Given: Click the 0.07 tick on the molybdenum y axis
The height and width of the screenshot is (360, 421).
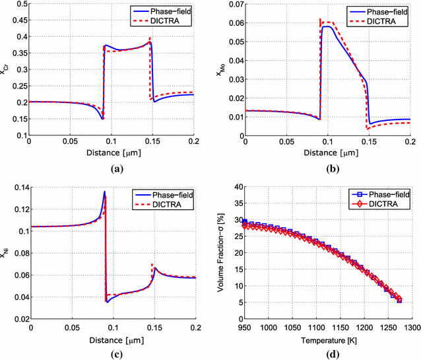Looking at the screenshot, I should (235, 5).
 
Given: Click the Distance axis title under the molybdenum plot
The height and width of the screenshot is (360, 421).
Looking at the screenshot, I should (328, 154).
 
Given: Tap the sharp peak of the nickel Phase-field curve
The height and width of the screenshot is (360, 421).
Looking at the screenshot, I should (104, 192).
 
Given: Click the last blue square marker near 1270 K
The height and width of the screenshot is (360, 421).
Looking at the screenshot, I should (399, 301).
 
